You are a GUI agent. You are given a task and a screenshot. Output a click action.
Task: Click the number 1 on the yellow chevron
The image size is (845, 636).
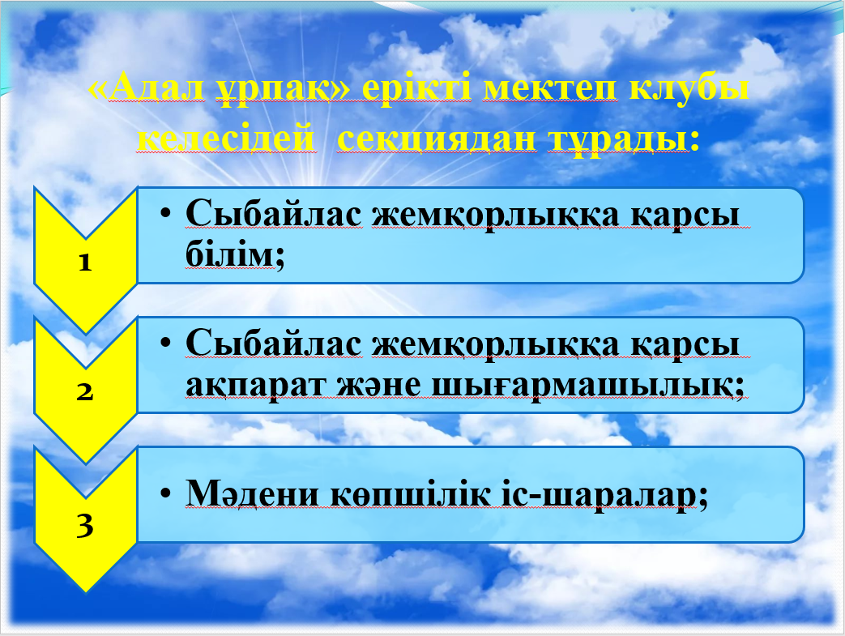tap(85, 263)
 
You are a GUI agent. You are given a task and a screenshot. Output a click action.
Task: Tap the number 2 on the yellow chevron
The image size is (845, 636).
tap(85, 392)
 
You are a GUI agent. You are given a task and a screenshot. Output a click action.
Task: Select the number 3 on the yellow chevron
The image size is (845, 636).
tap(85, 525)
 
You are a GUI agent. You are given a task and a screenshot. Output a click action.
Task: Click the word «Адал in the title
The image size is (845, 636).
tap(147, 88)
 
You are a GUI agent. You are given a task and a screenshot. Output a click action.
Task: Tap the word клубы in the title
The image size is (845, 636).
tap(689, 88)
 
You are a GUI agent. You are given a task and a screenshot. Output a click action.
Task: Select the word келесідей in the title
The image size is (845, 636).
tap(227, 139)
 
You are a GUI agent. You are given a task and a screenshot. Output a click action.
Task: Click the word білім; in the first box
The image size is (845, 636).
tap(235, 254)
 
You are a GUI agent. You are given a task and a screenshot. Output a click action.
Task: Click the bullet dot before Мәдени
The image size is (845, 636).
tap(165, 493)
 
